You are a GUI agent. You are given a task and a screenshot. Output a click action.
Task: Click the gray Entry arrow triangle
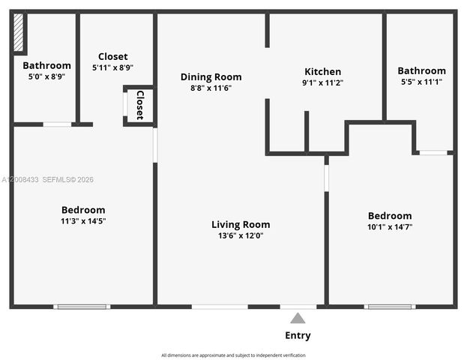pyautogui.click(x=298, y=318)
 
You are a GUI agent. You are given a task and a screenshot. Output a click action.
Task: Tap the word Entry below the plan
pyautogui.click(x=298, y=335)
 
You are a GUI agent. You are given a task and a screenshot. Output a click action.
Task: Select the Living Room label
pyautogui.click(x=241, y=224)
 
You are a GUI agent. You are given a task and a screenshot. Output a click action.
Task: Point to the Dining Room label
pyautogui.click(x=211, y=76)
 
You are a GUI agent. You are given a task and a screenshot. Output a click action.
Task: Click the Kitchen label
pyautogui.click(x=322, y=72)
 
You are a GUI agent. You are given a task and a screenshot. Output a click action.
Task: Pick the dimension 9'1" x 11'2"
pyautogui.click(x=322, y=83)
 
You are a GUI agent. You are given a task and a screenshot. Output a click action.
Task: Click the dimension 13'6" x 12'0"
pyautogui.click(x=241, y=235)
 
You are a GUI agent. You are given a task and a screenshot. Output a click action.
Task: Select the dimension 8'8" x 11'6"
pyautogui.click(x=211, y=88)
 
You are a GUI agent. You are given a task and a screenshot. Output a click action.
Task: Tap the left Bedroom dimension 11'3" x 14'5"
pyautogui.click(x=83, y=221)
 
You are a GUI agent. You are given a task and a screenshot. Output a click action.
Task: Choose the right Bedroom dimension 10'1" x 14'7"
pyautogui.click(x=390, y=226)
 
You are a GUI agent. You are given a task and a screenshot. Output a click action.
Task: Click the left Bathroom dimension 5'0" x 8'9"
pyautogui.click(x=46, y=76)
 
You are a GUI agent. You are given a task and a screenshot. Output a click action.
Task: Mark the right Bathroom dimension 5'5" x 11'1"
pyautogui.click(x=421, y=82)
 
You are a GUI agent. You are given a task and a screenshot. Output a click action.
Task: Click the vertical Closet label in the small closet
pyautogui.click(x=139, y=105)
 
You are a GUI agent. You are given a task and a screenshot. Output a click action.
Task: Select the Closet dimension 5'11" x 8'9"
pyautogui.click(x=112, y=67)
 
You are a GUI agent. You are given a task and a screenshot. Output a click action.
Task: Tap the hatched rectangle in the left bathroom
pyautogui.click(x=19, y=34)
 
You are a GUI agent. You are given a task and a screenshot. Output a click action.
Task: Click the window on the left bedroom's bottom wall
pyautogui.click(x=82, y=306)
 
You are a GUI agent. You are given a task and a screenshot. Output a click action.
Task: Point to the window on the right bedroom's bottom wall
pyautogui.click(x=390, y=306)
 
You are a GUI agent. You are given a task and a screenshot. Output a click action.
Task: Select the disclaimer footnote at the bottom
pyautogui.click(x=233, y=355)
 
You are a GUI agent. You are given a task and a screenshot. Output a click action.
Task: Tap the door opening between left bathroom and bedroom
pyautogui.click(x=57, y=124)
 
